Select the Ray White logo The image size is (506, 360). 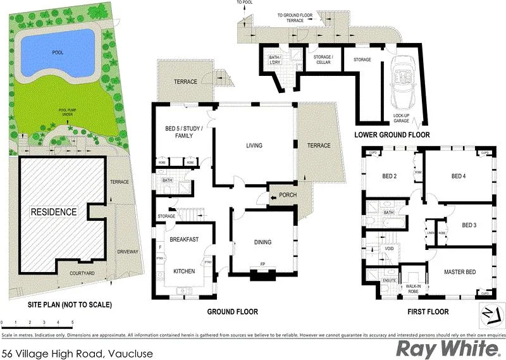pyautogui.click(x=445, y=348)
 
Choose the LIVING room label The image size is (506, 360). pyautogui.click(x=254, y=146)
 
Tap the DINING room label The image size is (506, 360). pyautogui.click(x=262, y=242)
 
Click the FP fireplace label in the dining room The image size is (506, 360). pyautogui.click(x=262, y=264)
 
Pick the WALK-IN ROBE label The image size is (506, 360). pyautogui.click(x=413, y=290)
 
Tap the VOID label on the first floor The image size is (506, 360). pyautogui.click(x=388, y=249)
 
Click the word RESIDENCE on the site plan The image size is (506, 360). pyautogui.click(x=54, y=212)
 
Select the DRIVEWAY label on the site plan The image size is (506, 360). pyautogui.click(x=127, y=252)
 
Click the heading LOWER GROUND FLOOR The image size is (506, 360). pyautogui.click(x=392, y=135)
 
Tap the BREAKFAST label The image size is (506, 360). pyautogui.click(x=184, y=239)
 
